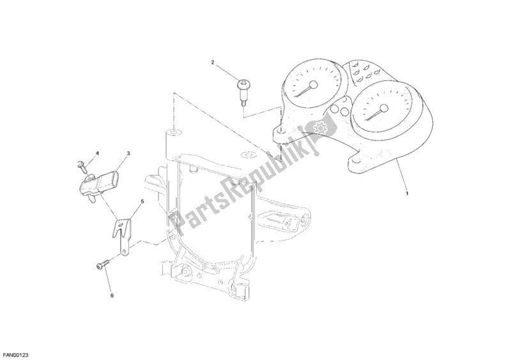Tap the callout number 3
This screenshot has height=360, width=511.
pos(128,154)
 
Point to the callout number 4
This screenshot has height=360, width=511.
pos(98,154)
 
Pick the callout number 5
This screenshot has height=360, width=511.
pos(142,202)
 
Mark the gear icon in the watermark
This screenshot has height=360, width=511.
pos(316,128)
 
